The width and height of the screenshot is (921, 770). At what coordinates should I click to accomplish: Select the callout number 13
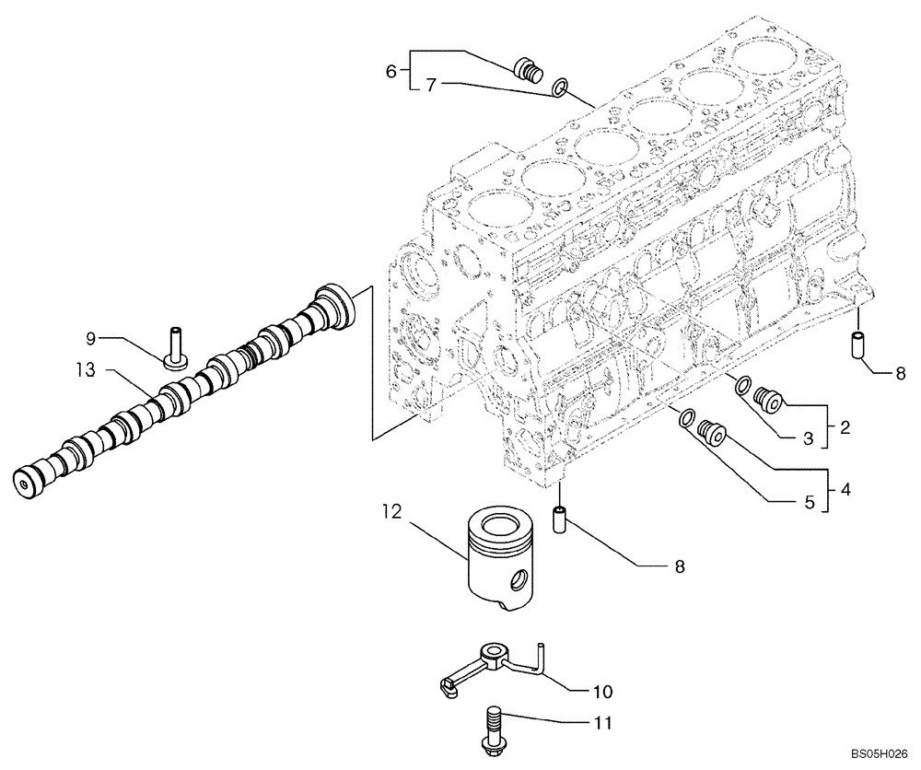tap(87, 370)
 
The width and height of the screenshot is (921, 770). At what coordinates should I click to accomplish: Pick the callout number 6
tap(391, 71)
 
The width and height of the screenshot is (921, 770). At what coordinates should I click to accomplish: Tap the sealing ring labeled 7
tap(559, 88)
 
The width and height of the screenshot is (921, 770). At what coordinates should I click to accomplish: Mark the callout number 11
tap(601, 726)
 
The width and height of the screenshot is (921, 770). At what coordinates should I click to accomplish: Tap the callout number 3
tap(808, 439)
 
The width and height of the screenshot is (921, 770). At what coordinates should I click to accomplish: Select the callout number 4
tap(845, 489)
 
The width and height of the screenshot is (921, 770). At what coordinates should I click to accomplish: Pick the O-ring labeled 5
tap(686, 419)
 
